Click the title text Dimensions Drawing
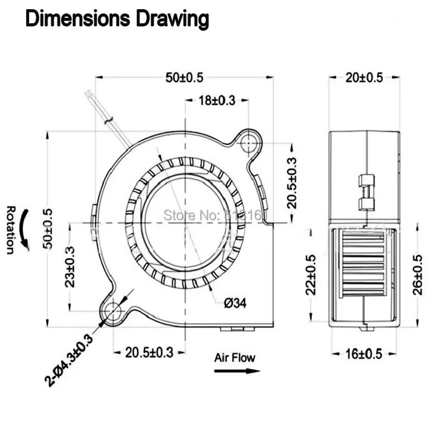click(x=117, y=19)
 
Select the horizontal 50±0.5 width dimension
click(x=184, y=77)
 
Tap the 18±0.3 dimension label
click(x=217, y=101)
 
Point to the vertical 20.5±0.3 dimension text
click(x=291, y=182)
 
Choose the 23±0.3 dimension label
click(x=70, y=267)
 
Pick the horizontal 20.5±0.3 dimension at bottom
click(x=149, y=353)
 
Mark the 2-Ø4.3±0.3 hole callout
click(x=68, y=360)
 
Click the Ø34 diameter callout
click(x=234, y=304)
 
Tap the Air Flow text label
click(x=235, y=357)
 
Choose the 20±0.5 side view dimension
click(x=364, y=77)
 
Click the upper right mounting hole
click(x=248, y=143)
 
